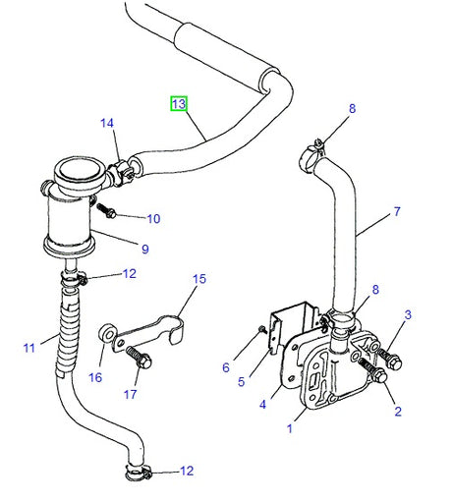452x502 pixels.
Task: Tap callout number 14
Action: [x=106, y=123]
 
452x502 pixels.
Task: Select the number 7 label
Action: [x=396, y=211]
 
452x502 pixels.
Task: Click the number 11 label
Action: [x=28, y=346]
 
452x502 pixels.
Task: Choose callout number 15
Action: [x=199, y=279]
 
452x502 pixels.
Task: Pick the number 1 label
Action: [x=290, y=428]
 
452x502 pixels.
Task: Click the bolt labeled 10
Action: [x=107, y=211]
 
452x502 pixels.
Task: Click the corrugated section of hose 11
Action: [x=66, y=324]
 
